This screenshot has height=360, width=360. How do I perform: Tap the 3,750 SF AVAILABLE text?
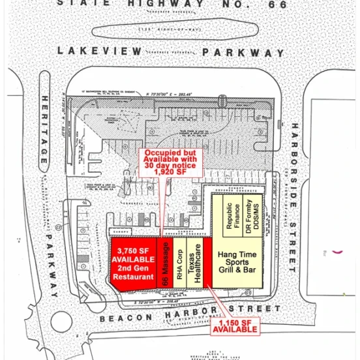[132, 254]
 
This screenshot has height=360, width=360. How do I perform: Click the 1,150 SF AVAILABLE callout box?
[234, 326]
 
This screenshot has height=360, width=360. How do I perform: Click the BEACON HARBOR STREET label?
[190, 310]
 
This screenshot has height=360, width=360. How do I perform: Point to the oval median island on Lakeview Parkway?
[173, 31]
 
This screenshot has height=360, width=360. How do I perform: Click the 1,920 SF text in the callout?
[172, 172]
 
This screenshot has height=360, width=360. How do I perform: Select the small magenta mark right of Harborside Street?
[338, 250]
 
